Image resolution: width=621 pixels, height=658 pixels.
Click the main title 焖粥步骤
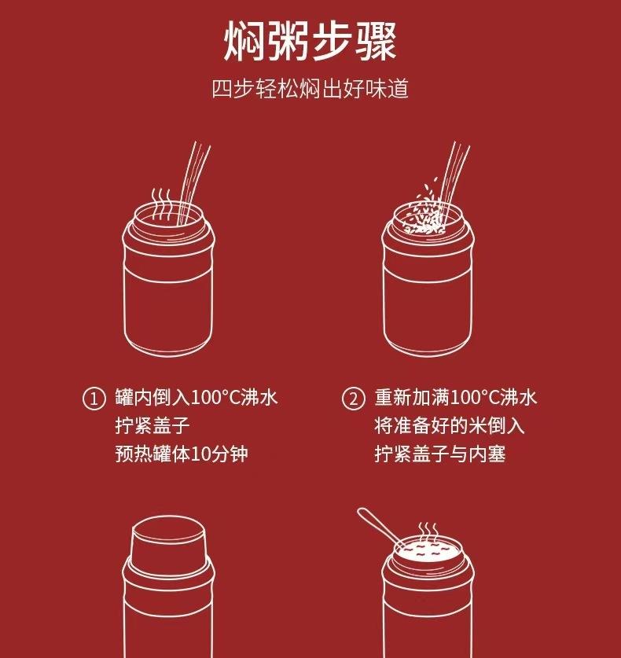(310, 42)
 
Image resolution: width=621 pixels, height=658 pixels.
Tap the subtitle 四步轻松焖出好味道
(310, 89)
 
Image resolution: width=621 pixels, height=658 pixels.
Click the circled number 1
(94, 399)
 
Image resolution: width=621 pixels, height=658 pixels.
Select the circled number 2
(353, 399)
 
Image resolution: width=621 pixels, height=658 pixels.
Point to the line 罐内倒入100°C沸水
(197, 397)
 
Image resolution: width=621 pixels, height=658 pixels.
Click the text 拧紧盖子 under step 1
(152, 425)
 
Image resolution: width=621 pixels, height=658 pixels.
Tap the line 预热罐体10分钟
(182, 454)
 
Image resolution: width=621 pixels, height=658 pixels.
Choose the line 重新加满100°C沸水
(456, 397)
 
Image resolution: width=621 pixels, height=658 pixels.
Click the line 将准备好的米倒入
(450, 425)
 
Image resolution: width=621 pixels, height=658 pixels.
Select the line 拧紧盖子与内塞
(440, 454)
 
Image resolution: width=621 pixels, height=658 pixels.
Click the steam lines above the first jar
(160, 204)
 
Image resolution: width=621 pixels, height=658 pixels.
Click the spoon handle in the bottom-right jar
(380, 527)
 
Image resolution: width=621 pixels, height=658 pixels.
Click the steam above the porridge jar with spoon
(428, 532)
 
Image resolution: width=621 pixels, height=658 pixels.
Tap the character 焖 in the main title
(244, 42)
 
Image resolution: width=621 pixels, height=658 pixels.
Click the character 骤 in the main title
(376, 42)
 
